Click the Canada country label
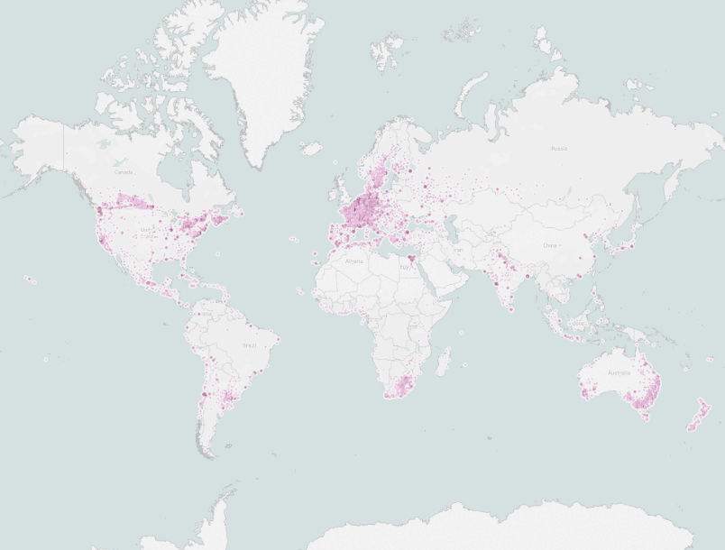[124, 172]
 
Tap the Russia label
[559, 148]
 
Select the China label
[550, 244]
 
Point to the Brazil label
[250, 345]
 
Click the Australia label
[619, 372]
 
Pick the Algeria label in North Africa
[355, 261]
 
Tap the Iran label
[458, 251]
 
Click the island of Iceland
[311, 148]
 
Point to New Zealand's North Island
[701, 407]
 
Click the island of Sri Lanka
[511, 308]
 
